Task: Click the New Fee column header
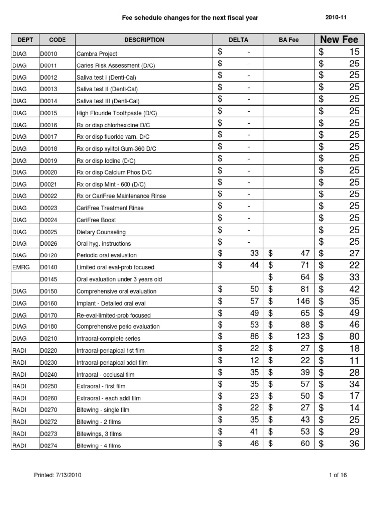pos(339,40)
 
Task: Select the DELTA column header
pos(238,40)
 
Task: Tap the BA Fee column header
pos(289,40)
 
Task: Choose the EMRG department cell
pos(19,267)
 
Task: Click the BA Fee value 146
pos(302,301)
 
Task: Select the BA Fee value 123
pos(302,337)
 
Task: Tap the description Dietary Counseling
pos(101,232)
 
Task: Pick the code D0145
pos(49,279)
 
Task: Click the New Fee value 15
pos(354,52)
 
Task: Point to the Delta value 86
pos(254,337)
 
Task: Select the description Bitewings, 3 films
pos(99,434)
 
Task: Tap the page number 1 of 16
pos(338,475)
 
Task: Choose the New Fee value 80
pos(354,337)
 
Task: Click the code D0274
pos(49,445)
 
